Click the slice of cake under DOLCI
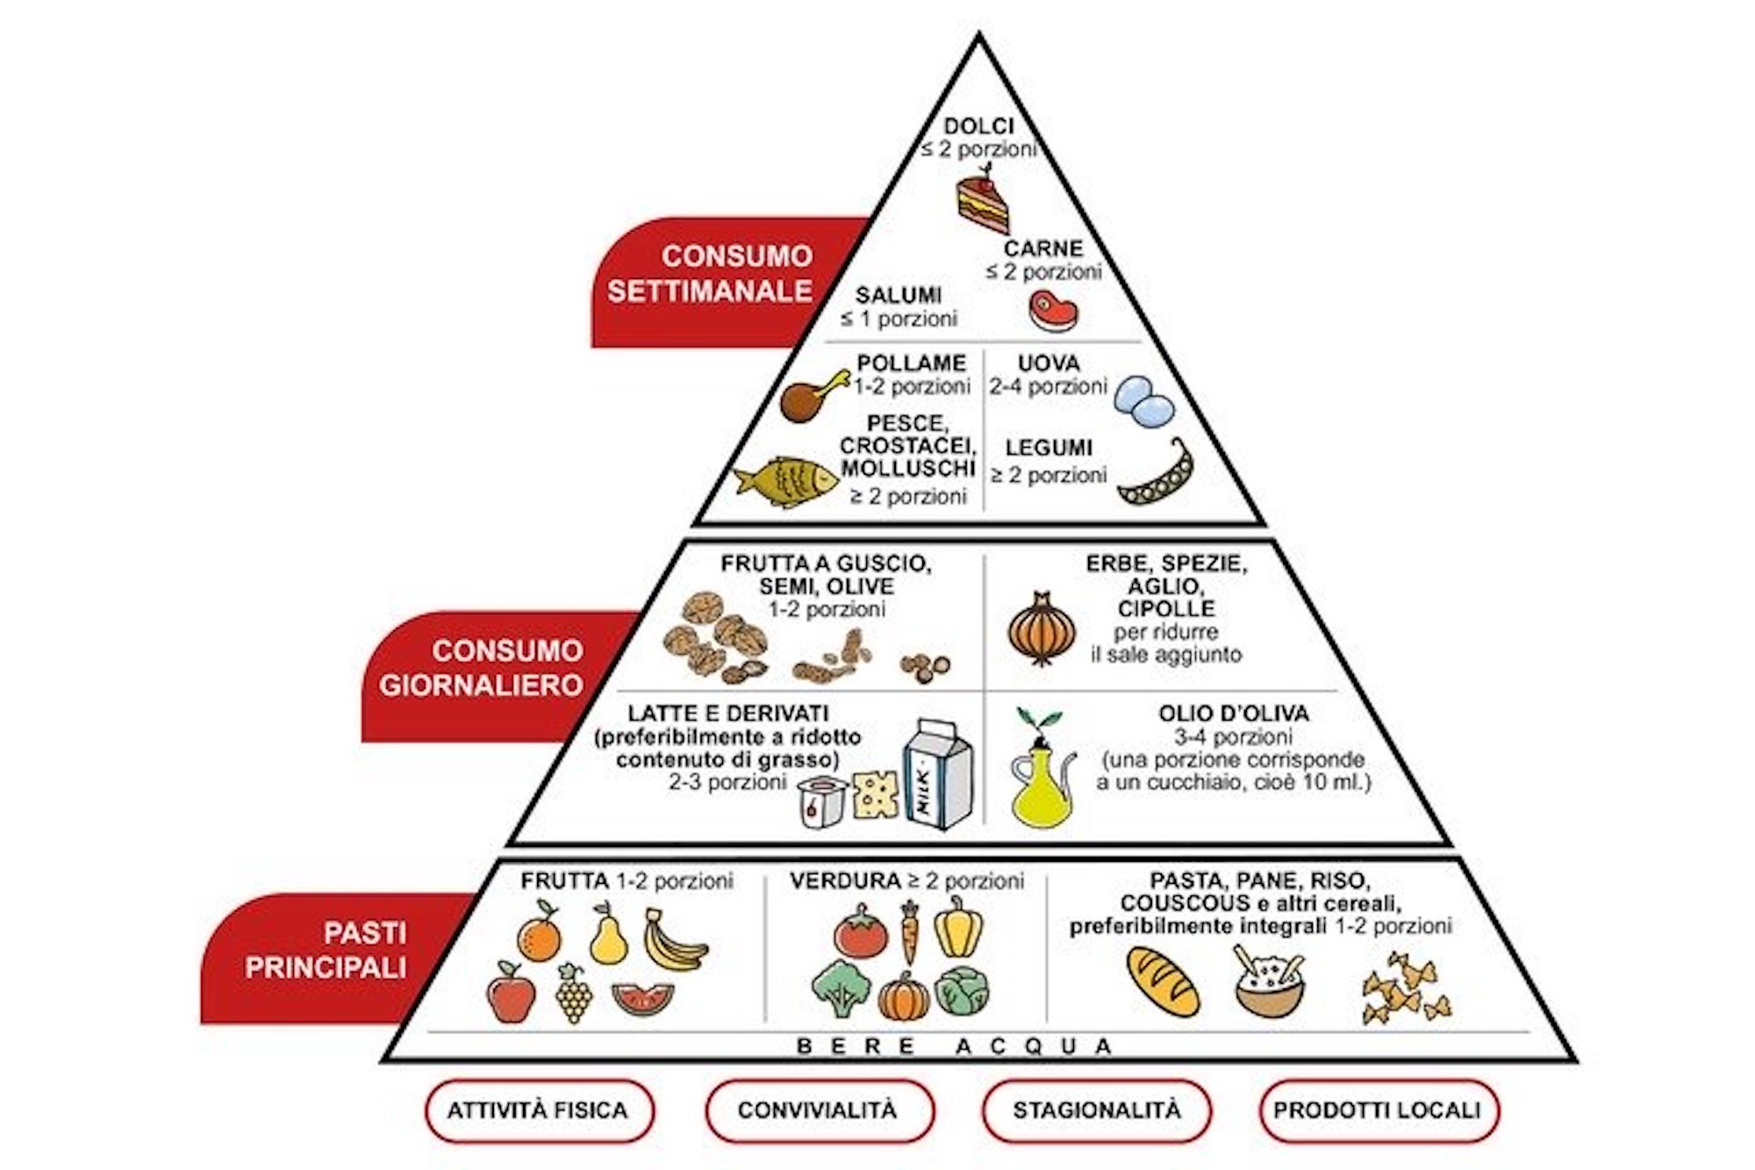981,204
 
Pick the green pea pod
1156,478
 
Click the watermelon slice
642,999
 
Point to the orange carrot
910,933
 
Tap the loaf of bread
1163,981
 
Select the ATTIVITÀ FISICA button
539,1110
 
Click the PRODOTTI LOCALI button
1377,1110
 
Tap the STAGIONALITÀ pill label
1097,1110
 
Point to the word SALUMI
899,296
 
